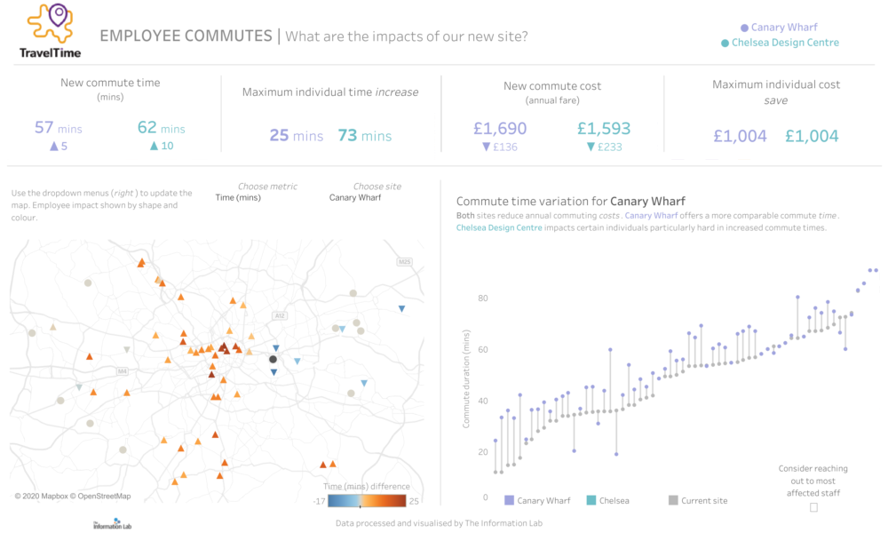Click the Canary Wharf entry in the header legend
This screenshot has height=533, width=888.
pos(779,28)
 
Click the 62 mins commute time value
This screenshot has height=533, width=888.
pos(161,128)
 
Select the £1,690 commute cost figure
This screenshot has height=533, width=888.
pos(499,128)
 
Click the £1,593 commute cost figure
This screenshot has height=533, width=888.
pos(603,128)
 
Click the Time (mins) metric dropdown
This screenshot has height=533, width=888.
pos(238,197)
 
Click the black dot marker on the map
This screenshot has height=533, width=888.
pos(274,359)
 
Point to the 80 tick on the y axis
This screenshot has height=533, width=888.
pos(483,298)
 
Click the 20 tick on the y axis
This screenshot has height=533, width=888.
pos(483,452)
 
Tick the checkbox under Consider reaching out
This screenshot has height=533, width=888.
pos(813,507)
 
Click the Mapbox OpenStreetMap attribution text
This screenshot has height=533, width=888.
pos(73,496)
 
